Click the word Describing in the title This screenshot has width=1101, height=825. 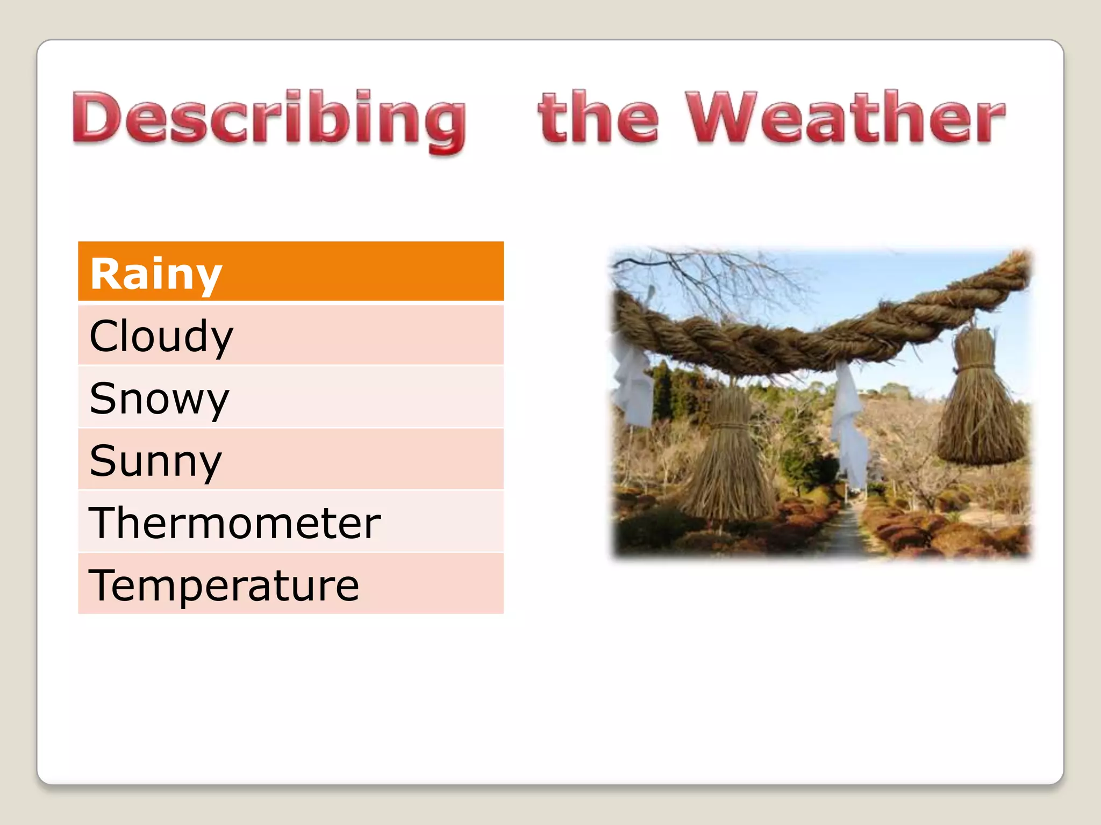pyautogui.click(x=269, y=119)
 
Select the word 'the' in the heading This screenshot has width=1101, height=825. pyautogui.click(x=598, y=118)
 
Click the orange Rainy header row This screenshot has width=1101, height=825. pyautogui.click(x=290, y=272)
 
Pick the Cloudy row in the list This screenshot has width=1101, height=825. pyautogui.click(x=290, y=336)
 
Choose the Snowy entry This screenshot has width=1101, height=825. pyautogui.click(x=290, y=398)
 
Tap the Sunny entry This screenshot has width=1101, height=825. pyautogui.click(x=290, y=460)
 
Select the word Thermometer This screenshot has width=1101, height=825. pyautogui.click(x=235, y=523)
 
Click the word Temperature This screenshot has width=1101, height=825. pyautogui.click(x=224, y=585)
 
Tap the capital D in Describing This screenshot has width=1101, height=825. pyautogui.click(x=97, y=118)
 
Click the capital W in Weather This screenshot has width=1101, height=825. pyautogui.click(x=720, y=118)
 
